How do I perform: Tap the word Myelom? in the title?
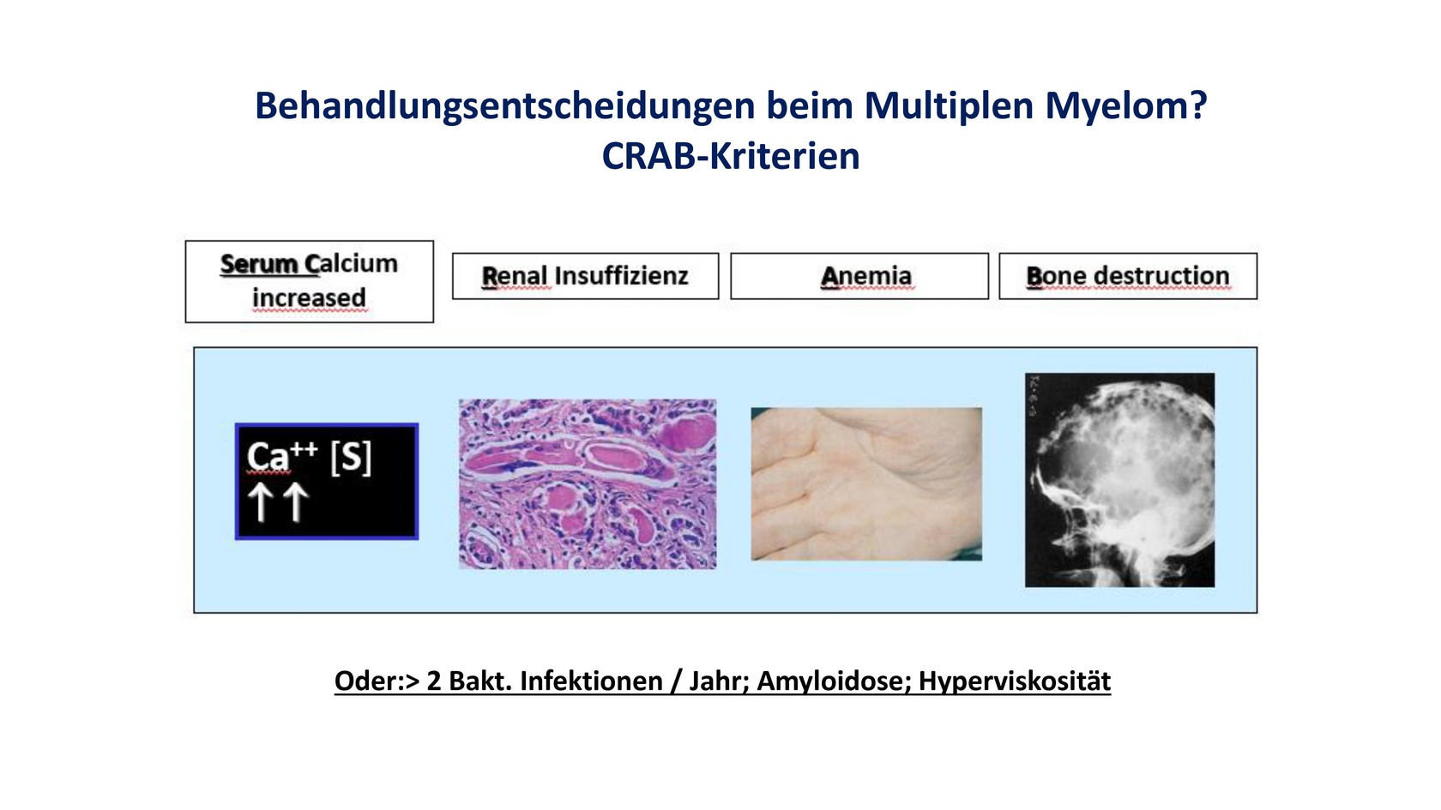1125,106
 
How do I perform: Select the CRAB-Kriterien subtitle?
731,156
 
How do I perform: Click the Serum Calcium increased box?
310,281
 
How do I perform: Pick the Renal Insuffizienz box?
585,276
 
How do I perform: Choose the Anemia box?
859,276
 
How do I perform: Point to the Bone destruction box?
1128,276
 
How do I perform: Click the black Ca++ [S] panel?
327,482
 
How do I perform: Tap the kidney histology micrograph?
588,484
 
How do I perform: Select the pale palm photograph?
866,484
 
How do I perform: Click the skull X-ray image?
1120,480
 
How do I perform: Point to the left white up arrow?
261,502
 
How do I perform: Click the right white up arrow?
296,502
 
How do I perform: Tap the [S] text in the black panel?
351,457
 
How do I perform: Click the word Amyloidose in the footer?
835,681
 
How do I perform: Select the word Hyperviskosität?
1015,681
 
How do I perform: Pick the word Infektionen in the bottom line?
591,681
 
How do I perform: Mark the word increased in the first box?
310,298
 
